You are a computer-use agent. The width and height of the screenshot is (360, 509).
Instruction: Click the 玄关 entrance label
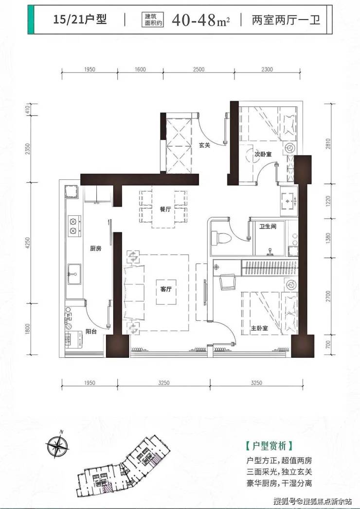tap(205, 145)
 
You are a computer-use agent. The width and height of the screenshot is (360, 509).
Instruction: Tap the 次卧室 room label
tap(263, 154)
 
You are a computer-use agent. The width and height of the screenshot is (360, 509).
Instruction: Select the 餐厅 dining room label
tap(165, 210)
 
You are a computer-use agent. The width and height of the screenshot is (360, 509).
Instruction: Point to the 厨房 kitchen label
tap(96, 248)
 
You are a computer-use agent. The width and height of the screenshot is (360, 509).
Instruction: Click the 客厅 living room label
tap(166, 289)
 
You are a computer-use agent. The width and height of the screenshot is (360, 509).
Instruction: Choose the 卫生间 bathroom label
tap(268, 226)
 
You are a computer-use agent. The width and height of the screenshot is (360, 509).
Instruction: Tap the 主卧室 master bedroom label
tap(259, 328)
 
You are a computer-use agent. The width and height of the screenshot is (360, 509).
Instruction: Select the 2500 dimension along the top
tap(198, 69)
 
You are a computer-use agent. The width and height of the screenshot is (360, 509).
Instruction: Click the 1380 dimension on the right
tap(328, 238)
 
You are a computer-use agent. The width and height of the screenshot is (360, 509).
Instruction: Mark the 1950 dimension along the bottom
tap(90, 383)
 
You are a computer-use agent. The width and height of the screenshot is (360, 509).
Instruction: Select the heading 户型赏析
tap(270, 446)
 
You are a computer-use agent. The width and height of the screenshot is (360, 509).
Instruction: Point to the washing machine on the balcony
tap(74, 339)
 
